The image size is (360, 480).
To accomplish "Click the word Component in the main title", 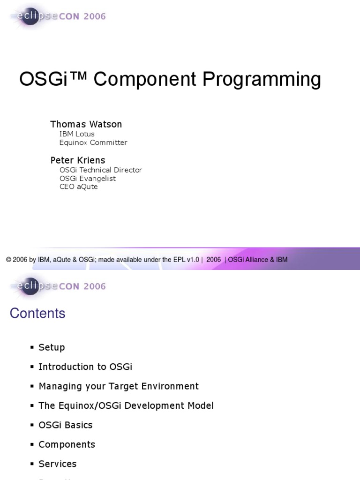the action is (144, 79).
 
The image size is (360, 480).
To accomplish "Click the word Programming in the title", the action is (262, 80).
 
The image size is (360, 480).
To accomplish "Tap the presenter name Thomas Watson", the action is (86, 124).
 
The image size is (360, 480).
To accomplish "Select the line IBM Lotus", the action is (77, 134).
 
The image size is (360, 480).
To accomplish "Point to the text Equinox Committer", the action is (93, 142).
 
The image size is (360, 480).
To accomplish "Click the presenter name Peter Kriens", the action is (78, 160).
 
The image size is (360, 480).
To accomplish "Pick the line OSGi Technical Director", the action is (101, 170).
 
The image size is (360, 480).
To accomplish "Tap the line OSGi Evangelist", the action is (88, 178).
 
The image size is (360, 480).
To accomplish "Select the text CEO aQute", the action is (79, 187).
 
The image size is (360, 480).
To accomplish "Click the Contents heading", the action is (37, 313).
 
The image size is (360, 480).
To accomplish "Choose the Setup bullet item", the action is (52, 347).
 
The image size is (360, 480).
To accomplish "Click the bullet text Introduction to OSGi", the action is (85, 367).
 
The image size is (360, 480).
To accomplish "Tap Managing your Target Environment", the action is (119, 386).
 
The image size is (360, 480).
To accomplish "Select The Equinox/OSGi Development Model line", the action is (126, 405).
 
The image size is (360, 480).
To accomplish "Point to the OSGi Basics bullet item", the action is (66, 425).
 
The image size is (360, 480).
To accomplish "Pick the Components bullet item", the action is (67, 444).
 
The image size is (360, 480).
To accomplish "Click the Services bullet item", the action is (58, 464).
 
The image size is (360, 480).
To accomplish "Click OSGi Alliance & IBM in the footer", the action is (258, 260).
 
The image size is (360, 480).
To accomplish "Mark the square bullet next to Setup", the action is (32, 347).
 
